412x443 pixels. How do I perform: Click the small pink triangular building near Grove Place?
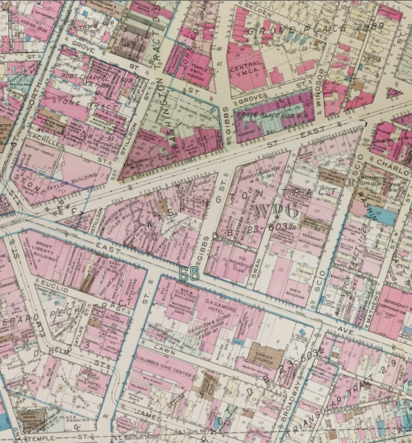(393, 92)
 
